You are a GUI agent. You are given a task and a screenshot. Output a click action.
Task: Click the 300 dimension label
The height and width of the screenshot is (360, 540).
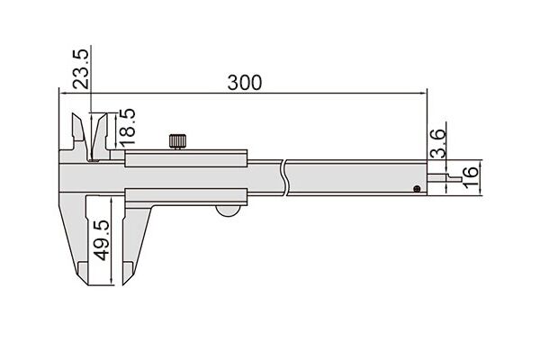pyautogui.click(x=245, y=83)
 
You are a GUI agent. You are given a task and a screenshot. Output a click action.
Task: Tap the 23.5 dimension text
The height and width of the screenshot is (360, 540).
pyautogui.click(x=81, y=69)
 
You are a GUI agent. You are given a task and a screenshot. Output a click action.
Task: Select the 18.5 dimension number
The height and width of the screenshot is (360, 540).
pyautogui.click(x=127, y=127)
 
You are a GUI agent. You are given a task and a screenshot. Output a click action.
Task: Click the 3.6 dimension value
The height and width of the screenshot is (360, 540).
pyautogui.click(x=438, y=143)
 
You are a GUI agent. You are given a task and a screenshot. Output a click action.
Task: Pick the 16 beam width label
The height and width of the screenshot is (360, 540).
pyautogui.click(x=471, y=177)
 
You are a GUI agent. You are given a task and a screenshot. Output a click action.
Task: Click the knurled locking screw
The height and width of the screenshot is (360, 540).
pyautogui.click(x=177, y=141)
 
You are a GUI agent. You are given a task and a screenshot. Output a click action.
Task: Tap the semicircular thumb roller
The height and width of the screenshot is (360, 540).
pyautogui.click(x=228, y=211)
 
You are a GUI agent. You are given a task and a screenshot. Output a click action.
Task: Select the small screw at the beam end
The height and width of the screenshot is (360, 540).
pyautogui.click(x=417, y=188)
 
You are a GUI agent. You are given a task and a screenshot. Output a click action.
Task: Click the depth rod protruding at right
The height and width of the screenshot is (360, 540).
pyautogui.click(x=445, y=178)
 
